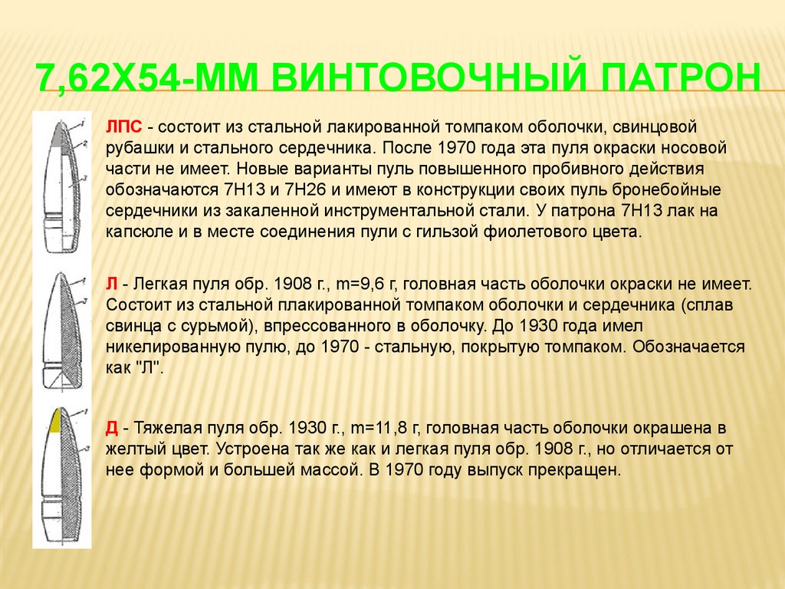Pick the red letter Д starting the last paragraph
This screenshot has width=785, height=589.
[112, 428]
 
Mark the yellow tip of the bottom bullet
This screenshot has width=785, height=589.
[55, 420]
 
